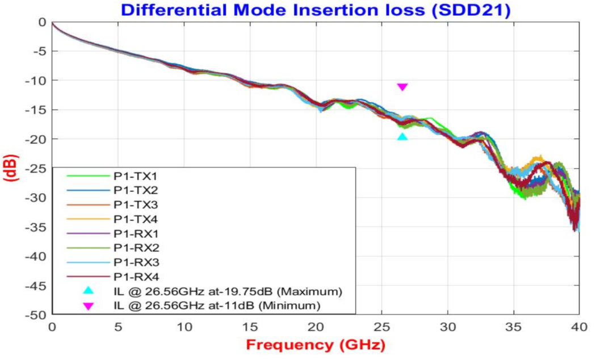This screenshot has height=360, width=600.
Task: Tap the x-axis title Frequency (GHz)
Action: click(x=316, y=345)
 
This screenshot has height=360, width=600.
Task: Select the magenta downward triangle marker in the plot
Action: click(x=402, y=87)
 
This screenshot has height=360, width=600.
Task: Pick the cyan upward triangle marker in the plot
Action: click(x=402, y=136)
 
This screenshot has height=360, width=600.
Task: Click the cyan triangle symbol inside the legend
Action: click(x=88, y=291)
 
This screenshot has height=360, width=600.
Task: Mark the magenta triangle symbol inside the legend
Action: click(x=88, y=306)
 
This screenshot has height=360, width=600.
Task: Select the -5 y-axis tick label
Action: click(x=41, y=51)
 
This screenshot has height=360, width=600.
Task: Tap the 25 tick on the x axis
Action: click(x=381, y=327)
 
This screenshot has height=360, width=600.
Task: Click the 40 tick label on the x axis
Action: click(x=579, y=327)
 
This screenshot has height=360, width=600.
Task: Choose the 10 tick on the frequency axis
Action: click(x=184, y=327)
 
